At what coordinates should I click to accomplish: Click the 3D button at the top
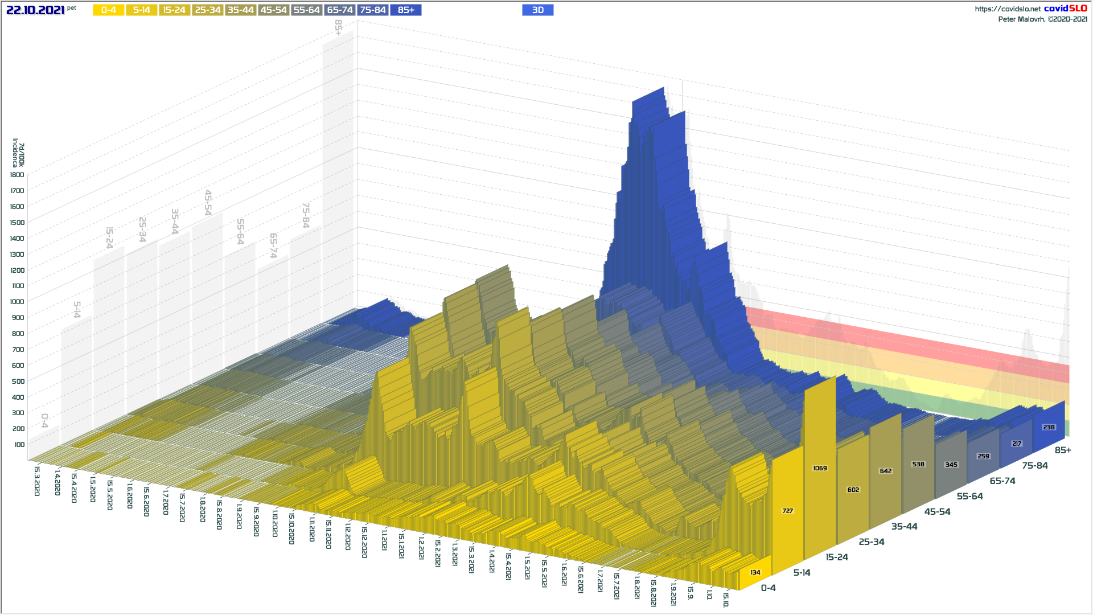[537, 10]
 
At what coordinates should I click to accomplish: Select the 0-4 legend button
[108, 10]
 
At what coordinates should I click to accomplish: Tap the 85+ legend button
[406, 10]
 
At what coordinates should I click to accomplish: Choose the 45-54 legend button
[273, 10]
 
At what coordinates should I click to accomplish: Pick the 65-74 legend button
[340, 10]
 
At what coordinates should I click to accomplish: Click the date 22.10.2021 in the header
[35, 10]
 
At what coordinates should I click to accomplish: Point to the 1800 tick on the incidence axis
[17, 175]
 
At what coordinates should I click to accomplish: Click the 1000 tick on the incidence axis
[17, 302]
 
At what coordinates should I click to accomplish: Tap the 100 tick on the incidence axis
[19, 445]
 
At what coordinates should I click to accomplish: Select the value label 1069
[820, 468]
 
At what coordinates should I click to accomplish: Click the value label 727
[787, 511]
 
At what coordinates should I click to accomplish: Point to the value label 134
[755, 572]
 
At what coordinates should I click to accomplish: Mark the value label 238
[1049, 427]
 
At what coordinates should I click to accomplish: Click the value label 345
[951, 465]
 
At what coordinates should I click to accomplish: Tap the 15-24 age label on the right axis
[836, 557]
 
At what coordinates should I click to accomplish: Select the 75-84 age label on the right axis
[1034, 466]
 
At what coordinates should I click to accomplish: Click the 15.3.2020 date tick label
[37, 481]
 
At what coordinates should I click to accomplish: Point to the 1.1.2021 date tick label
[384, 540]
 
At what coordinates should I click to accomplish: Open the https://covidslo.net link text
[1007, 9]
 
